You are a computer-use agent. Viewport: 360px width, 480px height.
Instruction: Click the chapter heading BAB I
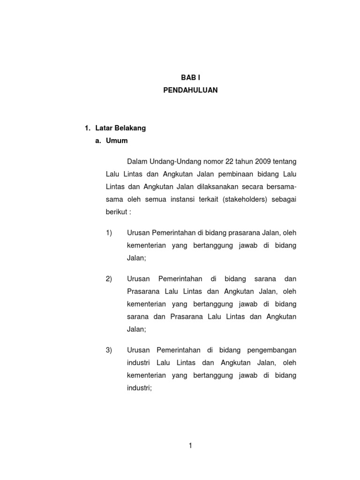pyautogui.click(x=190, y=78)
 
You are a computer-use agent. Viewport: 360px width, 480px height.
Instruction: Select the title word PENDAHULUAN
pyautogui.click(x=190, y=90)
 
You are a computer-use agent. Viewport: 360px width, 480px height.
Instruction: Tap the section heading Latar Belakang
pyautogui.click(x=120, y=128)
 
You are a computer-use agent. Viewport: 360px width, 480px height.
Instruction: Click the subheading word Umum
pyautogui.click(x=117, y=140)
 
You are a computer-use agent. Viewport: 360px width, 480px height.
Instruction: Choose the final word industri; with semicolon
pyautogui.click(x=140, y=388)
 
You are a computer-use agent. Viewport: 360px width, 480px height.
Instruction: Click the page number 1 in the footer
pyautogui.click(x=191, y=446)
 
